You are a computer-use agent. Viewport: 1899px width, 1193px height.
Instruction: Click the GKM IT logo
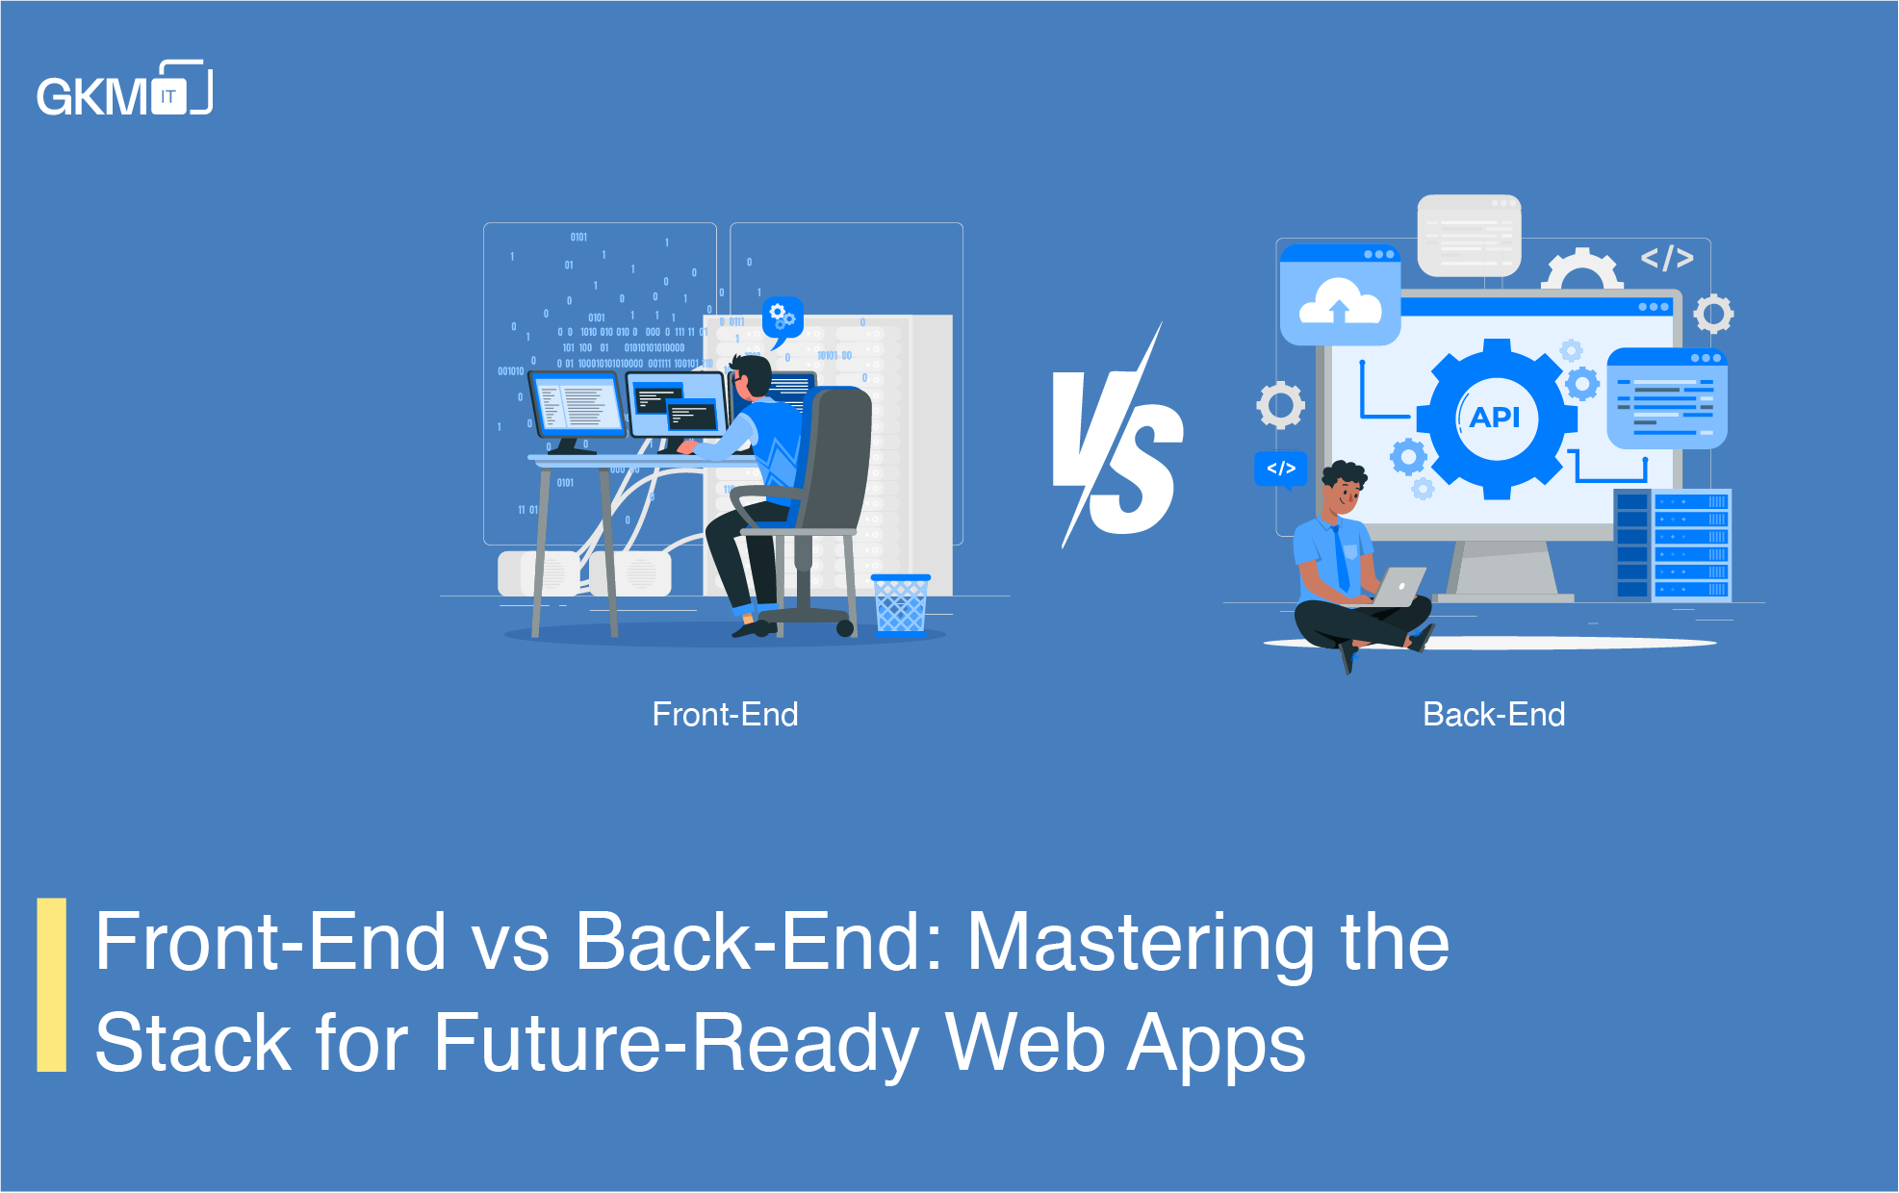click(124, 90)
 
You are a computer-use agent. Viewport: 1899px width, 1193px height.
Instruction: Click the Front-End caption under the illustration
click(725, 715)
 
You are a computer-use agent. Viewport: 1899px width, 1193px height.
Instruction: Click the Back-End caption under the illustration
click(1494, 715)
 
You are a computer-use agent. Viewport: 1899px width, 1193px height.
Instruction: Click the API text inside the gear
click(1495, 418)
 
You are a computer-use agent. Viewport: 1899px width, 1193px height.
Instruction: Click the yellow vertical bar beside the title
click(52, 984)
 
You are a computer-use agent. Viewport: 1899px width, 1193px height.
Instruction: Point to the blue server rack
click(1673, 545)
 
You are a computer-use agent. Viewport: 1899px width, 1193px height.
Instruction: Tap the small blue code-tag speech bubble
click(1281, 470)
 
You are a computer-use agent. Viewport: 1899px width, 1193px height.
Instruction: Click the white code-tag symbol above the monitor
click(1667, 258)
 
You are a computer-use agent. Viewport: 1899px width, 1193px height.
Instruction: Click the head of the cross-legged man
click(1342, 487)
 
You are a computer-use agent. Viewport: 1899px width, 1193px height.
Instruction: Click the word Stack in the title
click(192, 1044)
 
